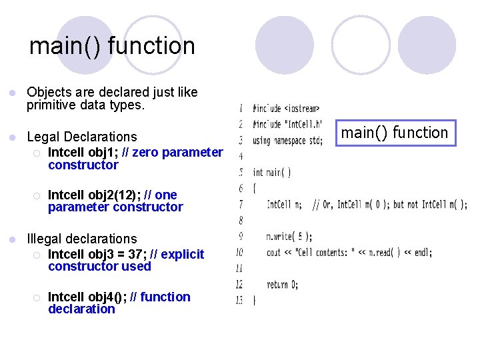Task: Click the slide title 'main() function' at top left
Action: point(112,46)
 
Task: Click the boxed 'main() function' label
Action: point(395,133)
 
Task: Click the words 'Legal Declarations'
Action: point(81,137)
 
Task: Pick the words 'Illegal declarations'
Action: point(81,239)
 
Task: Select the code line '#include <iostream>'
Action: point(285,108)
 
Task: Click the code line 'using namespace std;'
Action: point(287,140)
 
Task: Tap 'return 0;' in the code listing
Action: point(282,284)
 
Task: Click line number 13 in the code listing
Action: point(239,300)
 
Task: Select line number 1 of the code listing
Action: point(240,108)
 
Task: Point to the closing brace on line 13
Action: point(254,300)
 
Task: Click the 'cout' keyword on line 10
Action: point(273,252)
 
